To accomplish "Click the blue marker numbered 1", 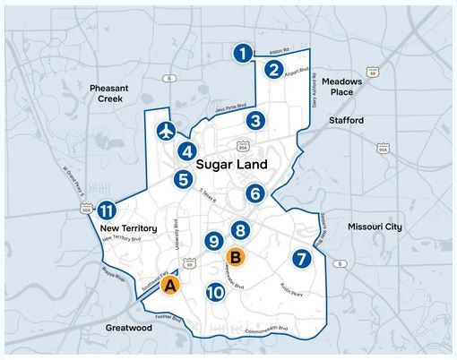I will pyautogui.click(x=241, y=54).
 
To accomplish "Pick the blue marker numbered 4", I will pyautogui.click(x=187, y=151).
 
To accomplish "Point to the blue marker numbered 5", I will pyautogui.click(x=183, y=180).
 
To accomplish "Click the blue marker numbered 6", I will pyautogui.click(x=255, y=193).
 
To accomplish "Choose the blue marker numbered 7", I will pyautogui.click(x=301, y=259).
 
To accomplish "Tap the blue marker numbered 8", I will pyautogui.click(x=239, y=231).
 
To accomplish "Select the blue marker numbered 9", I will pyautogui.click(x=213, y=241).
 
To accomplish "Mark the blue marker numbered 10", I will pyautogui.click(x=214, y=292).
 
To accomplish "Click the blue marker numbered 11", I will pyautogui.click(x=106, y=211).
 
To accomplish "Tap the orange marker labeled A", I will pyautogui.click(x=171, y=286).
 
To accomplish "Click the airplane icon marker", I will pyautogui.click(x=164, y=131).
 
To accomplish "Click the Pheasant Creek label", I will pyautogui.click(x=112, y=93).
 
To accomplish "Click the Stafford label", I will pyautogui.click(x=346, y=119).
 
